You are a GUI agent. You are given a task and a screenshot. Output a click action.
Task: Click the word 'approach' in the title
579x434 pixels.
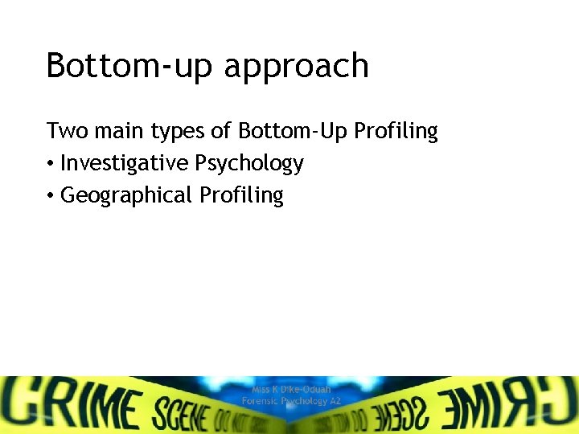coord(296,66)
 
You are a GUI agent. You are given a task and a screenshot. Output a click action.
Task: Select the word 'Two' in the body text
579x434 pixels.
coord(63,131)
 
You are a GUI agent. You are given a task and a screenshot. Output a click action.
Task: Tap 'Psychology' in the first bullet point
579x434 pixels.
coord(249,164)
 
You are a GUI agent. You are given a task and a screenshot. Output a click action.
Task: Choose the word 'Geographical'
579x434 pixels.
coord(126,195)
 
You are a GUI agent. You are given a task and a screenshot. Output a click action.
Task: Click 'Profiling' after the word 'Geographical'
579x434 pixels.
coord(241,195)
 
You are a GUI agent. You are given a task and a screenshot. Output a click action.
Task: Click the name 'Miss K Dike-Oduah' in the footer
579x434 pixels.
coord(291,389)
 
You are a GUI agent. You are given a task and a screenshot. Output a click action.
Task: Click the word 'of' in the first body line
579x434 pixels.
coord(220,131)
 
